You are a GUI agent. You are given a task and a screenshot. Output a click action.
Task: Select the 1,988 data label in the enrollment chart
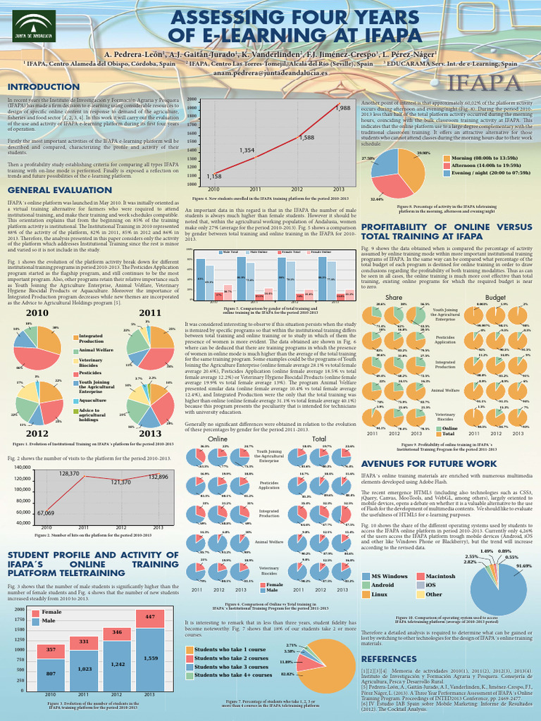[342, 108]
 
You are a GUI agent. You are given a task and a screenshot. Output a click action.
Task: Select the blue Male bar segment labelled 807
[51, 673]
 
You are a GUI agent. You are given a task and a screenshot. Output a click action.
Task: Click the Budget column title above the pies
[495, 277]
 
